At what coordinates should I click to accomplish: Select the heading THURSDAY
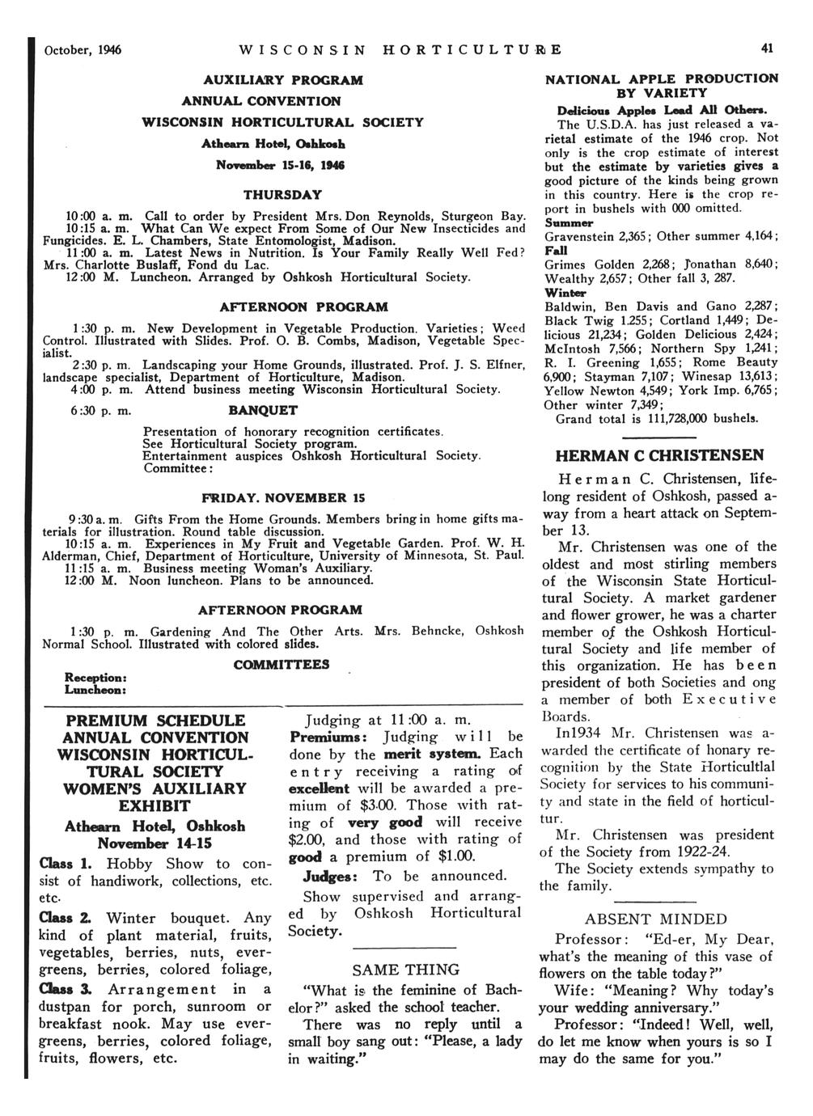[x=282, y=195]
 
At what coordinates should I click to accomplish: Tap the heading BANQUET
[x=263, y=410]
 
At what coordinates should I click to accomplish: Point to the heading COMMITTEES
[x=282, y=664]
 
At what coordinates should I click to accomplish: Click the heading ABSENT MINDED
[x=656, y=919]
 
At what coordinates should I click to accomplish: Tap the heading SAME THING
[x=406, y=970]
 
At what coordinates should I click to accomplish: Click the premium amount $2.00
[x=307, y=839]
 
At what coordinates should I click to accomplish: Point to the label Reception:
[x=94, y=678]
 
